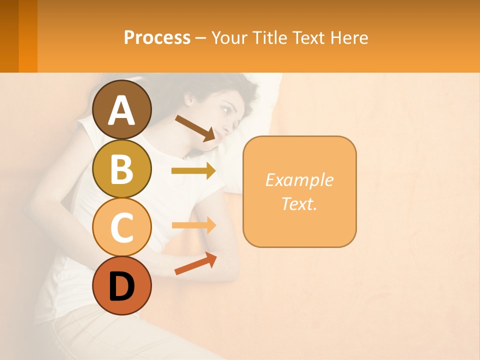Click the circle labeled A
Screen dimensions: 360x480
point(122,109)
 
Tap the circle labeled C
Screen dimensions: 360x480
point(122,227)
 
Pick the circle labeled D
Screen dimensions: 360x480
point(122,286)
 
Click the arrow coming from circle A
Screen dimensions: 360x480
point(195,127)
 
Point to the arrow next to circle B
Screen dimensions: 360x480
point(193,171)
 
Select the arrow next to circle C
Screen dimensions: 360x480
point(193,225)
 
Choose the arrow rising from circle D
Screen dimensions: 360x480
point(195,263)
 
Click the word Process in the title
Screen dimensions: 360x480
point(157,37)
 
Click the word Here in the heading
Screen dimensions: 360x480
point(350,37)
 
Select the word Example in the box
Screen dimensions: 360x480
point(299,180)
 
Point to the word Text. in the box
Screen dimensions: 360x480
point(299,204)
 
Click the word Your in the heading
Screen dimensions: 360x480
point(229,37)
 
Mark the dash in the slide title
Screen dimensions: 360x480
point(200,38)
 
